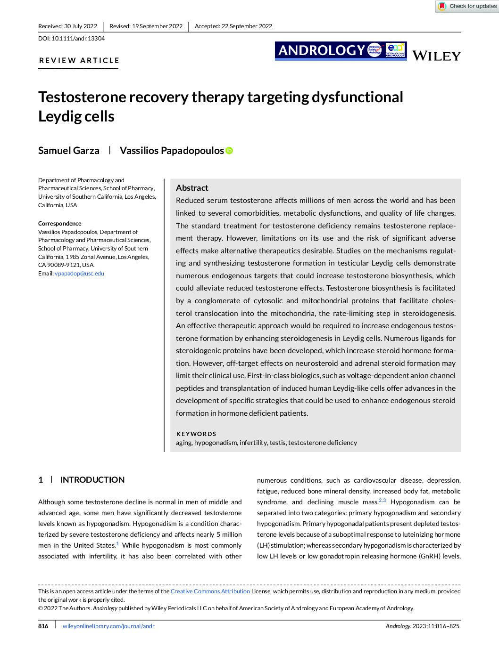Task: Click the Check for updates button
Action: point(467,6)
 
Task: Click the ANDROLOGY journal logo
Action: point(340,50)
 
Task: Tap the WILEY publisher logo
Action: point(436,56)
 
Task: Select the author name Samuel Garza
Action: point(69,151)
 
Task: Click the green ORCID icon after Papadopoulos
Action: point(229,151)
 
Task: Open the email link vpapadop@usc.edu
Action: point(79,274)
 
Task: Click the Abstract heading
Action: point(192,188)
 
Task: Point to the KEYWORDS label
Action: point(196,434)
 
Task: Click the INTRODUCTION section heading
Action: point(92,480)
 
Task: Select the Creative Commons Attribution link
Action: point(210,591)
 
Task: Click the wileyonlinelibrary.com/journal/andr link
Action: point(108,626)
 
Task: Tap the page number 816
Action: point(43,626)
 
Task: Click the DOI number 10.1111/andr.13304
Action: point(78,39)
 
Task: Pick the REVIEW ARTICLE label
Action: point(79,61)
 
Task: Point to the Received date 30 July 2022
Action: point(68,26)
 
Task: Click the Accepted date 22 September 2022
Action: point(233,26)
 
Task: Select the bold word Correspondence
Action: point(60,224)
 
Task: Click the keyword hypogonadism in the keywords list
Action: point(216,443)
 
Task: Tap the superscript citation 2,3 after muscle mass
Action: point(382,501)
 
